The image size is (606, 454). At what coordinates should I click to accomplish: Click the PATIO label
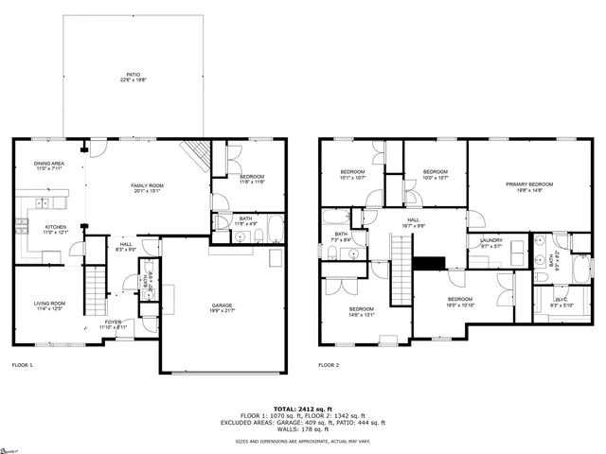pyautogui.click(x=134, y=74)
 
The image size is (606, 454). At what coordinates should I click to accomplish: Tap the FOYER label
pyautogui.click(x=115, y=322)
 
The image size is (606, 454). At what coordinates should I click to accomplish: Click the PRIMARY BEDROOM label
pyautogui.click(x=529, y=184)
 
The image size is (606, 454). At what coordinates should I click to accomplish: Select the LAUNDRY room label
pyautogui.click(x=490, y=240)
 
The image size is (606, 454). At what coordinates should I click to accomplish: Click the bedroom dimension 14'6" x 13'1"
pyautogui.click(x=362, y=316)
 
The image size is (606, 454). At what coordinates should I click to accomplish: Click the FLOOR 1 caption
pyautogui.click(x=23, y=364)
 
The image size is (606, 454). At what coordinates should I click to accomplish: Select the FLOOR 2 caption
pyautogui.click(x=329, y=364)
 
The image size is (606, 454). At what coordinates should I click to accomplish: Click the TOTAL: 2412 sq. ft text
pyautogui.click(x=302, y=407)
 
